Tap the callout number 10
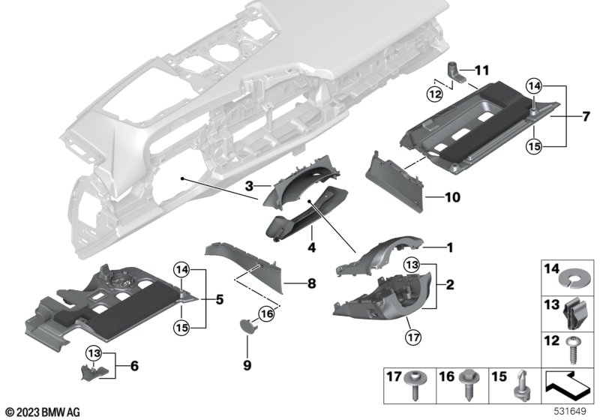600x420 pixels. pos(452,199)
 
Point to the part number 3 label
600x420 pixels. pos(247,184)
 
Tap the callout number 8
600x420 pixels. pos(311,283)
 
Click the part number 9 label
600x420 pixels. pos(247,364)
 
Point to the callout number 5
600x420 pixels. pos(218,299)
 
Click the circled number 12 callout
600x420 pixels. pos(435,93)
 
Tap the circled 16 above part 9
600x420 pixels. pos(266,313)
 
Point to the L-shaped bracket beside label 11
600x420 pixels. pos(457,74)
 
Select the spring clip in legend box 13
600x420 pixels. pos(577,307)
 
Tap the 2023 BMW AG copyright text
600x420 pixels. pos(43,411)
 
